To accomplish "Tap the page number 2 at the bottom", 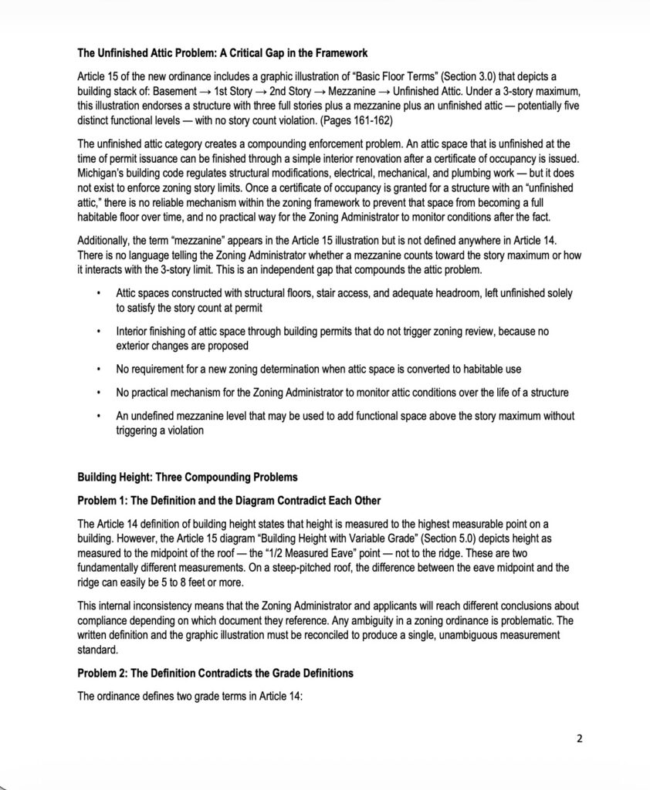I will [580, 739].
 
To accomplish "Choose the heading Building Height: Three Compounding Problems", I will [188, 477].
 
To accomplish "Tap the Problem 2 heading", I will [215, 673].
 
